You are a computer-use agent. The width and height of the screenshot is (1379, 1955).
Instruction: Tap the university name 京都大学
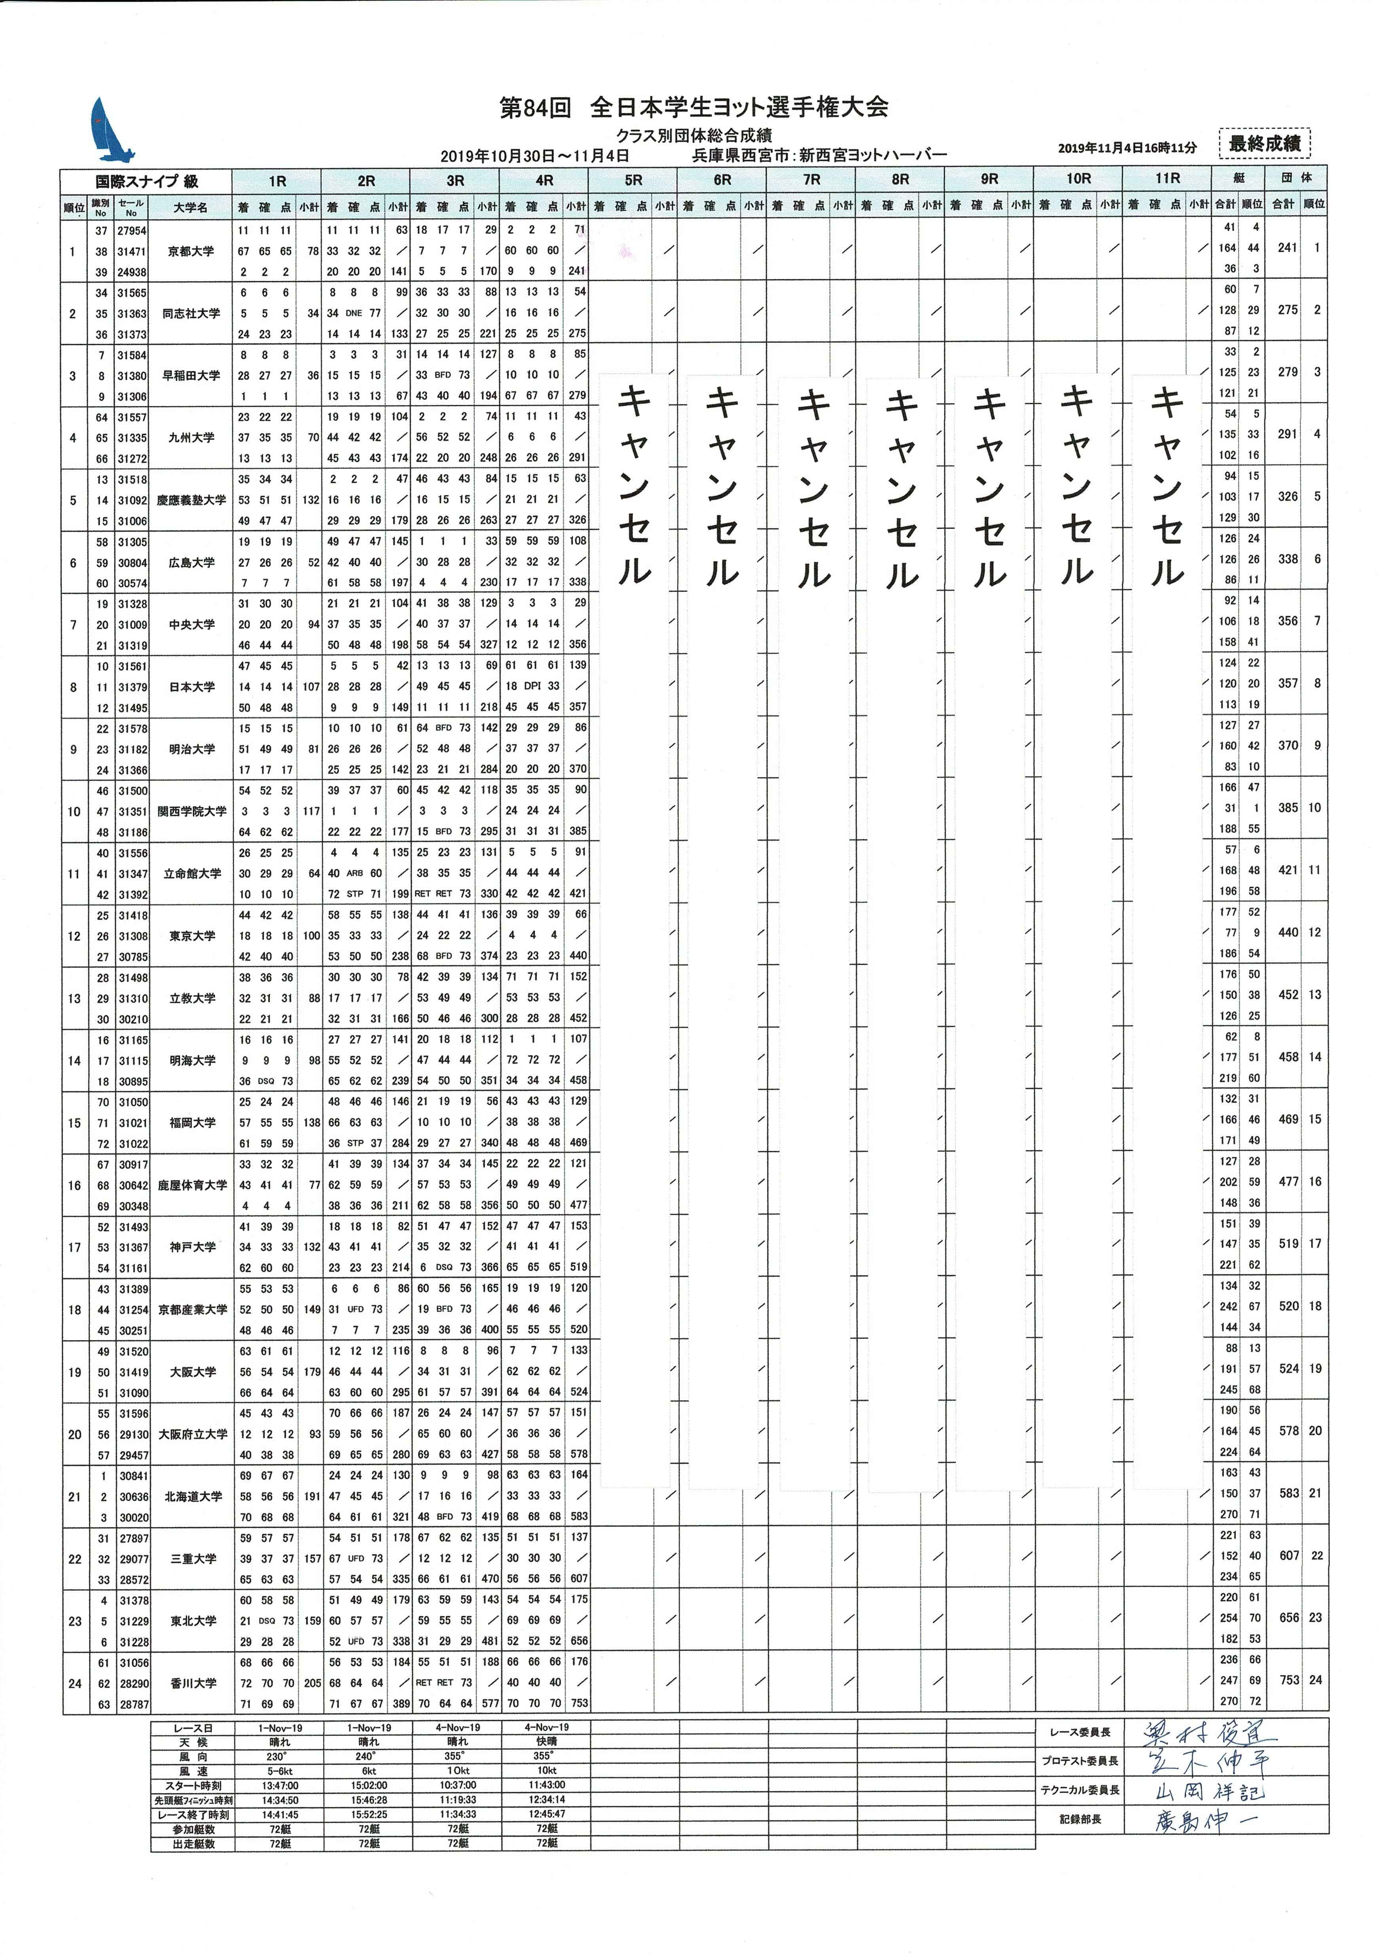click(191, 251)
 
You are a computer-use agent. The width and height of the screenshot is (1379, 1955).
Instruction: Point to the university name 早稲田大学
click(191, 375)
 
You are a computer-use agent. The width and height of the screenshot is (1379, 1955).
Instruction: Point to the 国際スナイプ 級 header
click(146, 181)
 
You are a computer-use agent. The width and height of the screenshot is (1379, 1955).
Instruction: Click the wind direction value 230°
click(277, 1756)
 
